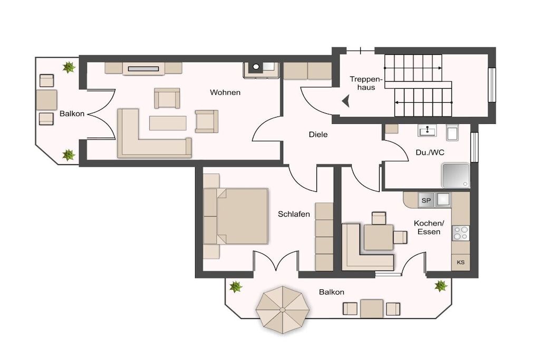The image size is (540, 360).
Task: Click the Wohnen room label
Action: [225, 92]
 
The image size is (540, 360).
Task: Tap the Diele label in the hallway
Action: [318, 134]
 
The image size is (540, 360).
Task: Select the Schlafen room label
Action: [294, 214]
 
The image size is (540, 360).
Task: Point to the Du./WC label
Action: [430, 152]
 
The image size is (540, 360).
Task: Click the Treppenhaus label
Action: [366, 83]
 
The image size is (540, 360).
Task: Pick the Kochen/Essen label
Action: [429, 228]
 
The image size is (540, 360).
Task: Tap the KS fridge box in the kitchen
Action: [460, 262]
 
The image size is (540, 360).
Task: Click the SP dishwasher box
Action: [426, 200]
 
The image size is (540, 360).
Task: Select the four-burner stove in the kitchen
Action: [460, 232]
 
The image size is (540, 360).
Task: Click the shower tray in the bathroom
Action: [456, 176]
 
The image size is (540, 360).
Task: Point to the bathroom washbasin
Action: [427, 130]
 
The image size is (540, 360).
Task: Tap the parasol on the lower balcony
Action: [283, 310]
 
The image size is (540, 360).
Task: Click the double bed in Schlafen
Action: [236, 216]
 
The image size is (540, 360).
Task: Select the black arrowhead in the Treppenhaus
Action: [346, 101]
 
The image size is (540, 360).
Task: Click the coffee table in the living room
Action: [168, 123]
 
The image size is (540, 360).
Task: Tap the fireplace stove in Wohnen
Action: [261, 70]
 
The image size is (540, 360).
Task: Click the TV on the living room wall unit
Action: [143, 69]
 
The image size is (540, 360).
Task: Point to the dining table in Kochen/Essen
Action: [379, 237]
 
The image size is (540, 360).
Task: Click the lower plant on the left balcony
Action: [69, 155]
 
